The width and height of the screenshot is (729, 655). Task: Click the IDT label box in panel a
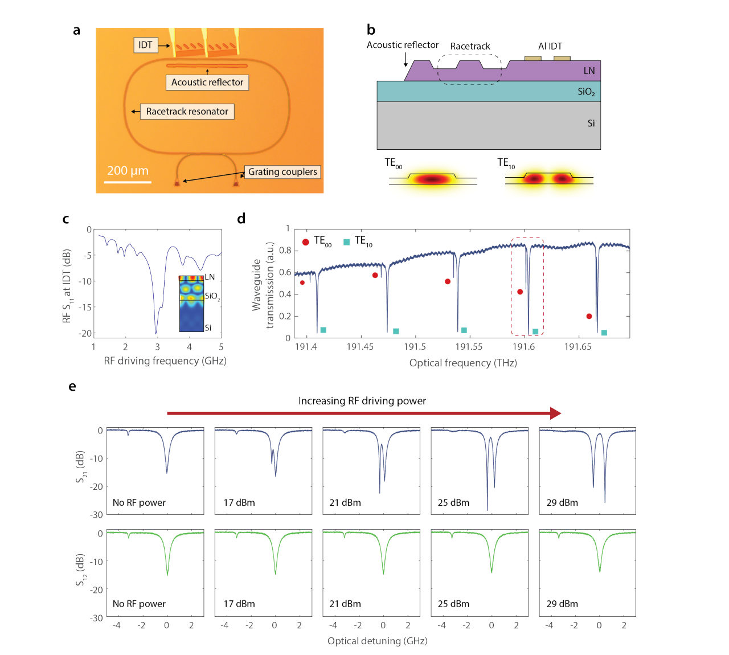tap(145, 45)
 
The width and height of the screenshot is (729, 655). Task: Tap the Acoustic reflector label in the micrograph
tap(207, 83)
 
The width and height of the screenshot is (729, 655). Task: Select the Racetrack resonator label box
tap(187, 112)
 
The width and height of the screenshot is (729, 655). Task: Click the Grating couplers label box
tap(282, 172)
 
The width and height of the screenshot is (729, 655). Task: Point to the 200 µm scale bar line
tap(128, 182)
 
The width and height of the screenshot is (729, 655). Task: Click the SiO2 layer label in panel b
tap(586, 92)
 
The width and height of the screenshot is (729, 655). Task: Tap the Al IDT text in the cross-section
tap(550, 46)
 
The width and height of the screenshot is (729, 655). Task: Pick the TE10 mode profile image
tap(548, 179)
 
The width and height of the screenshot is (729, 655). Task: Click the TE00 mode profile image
tap(433, 179)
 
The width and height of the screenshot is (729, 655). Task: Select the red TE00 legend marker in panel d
tap(306, 242)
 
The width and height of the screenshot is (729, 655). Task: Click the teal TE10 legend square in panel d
tap(346, 242)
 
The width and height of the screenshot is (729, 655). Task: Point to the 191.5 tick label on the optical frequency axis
tap(415, 347)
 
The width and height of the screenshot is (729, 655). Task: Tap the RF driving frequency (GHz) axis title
tap(165, 361)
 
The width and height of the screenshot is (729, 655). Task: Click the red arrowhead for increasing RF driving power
tap(555, 413)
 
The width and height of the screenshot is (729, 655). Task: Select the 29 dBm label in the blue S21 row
tap(562, 502)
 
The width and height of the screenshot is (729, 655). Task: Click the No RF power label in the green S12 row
tap(139, 604)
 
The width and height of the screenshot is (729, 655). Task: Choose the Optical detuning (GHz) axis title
tap(377, 641)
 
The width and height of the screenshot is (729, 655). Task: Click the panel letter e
tap(72, 386)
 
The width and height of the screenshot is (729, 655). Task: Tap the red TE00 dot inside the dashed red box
tap(520, 292)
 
